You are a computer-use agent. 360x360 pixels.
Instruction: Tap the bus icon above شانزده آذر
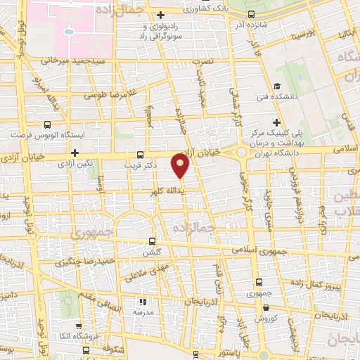pyautogui.click(x=252, y=14)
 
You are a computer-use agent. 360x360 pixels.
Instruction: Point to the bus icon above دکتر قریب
pyautogui.click(x=140, y=155)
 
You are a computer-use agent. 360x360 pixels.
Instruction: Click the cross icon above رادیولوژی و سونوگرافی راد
pyautogui.click(x=162, y=14)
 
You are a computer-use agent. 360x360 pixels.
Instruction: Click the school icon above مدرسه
pyautogui.click(x=139, y=300)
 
